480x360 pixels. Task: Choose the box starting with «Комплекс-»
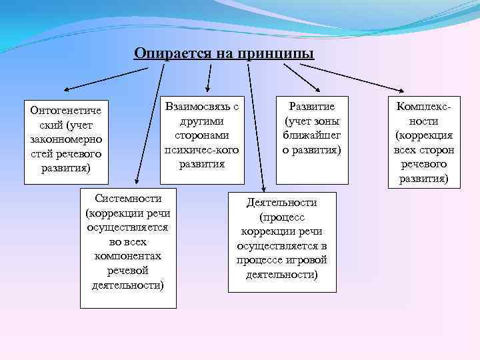click(423, 142)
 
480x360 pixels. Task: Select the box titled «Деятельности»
click(281, 241)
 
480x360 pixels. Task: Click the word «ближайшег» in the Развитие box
click(311, 135)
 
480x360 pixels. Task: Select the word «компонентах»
click(128, 256)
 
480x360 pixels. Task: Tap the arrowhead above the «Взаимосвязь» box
click(208, 89)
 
